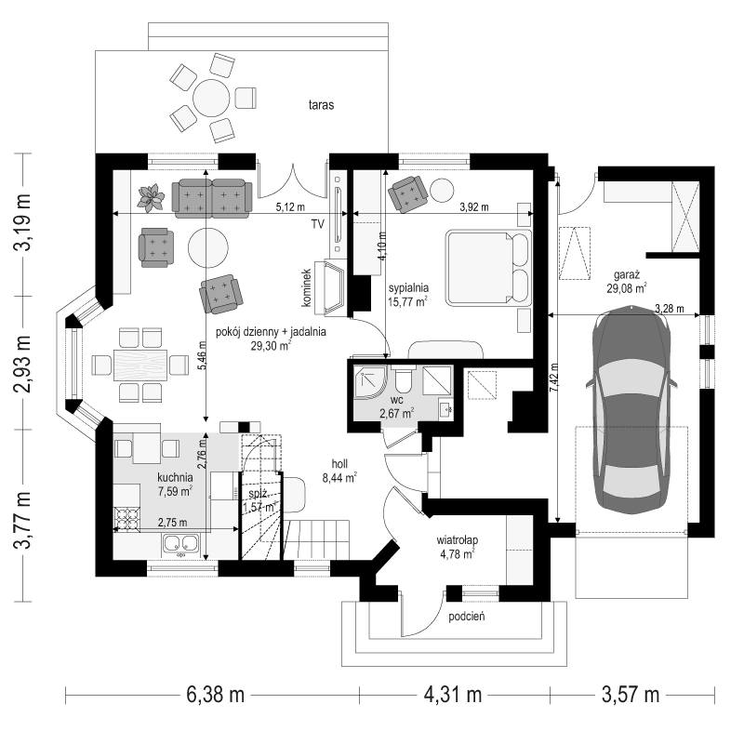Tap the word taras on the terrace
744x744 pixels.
(x=321, y=105)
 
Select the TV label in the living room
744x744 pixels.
(x=317, y=224)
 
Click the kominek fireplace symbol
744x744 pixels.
(x=335, y=287)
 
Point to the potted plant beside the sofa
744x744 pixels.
(x=151, y=197)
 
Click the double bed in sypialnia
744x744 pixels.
(x=488, y=268)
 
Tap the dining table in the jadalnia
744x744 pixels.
(x=140, y=365)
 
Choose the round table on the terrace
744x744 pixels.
(x=211, y=99)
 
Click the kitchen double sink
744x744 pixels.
(x=180, y=544)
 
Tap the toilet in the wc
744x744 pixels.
(x=405, y=379)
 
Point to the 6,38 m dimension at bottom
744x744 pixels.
(x=216, y=695)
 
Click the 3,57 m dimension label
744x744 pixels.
(x=631, y=695)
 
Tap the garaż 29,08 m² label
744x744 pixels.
(x=627, y=282)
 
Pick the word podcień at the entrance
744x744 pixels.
(x=467, y=617)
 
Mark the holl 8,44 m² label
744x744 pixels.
(x=339, y=471)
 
